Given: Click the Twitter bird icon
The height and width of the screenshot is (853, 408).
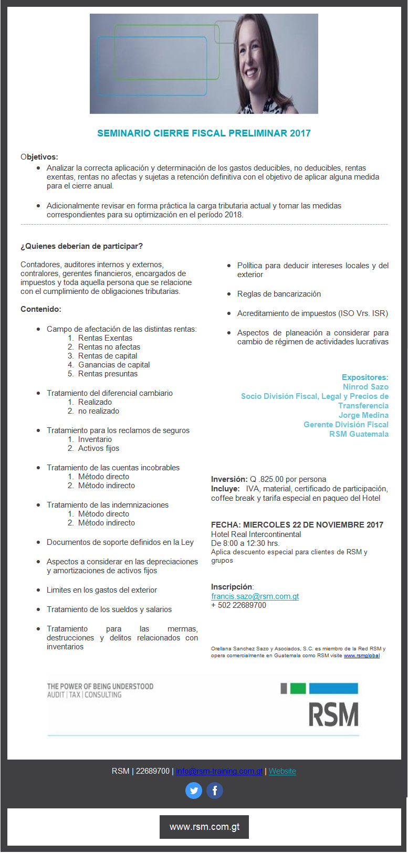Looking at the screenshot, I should (x=194, y=790).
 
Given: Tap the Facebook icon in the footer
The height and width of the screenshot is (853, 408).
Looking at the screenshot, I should (x=214, y=790).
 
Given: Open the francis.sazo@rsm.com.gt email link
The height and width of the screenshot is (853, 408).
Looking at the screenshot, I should (x=255, y=596).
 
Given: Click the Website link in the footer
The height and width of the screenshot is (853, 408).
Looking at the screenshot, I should (x=282, y=771).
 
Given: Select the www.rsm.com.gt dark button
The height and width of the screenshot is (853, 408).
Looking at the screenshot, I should (x=204, y=827).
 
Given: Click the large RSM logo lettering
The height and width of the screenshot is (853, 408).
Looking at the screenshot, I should (x=333, y=714).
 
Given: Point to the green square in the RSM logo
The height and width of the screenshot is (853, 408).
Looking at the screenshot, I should (x=298, y=688).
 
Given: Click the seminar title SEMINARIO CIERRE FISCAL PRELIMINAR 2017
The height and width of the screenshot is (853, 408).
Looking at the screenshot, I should (x=204, y=133).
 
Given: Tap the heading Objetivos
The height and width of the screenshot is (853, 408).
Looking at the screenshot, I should (x=39, y=157).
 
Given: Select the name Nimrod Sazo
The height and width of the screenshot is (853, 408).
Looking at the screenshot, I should (x=365, y=387).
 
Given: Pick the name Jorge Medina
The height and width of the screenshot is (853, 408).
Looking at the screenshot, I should (x=363, y=415).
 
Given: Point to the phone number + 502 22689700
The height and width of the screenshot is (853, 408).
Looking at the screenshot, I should (x=238, y=605).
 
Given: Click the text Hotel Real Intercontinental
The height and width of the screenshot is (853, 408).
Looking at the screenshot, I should (x=256, y=534).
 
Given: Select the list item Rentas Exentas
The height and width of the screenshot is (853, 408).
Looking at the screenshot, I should (x=105, y=338).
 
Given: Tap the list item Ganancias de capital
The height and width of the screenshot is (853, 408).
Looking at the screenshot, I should (x=114, y=365).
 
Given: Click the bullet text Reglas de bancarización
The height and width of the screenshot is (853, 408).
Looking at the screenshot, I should (x=279, y=294).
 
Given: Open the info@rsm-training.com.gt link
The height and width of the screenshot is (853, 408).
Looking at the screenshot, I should (x=219, y=771).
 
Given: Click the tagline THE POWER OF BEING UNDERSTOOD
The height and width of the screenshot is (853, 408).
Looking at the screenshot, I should (x=100, y=686).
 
